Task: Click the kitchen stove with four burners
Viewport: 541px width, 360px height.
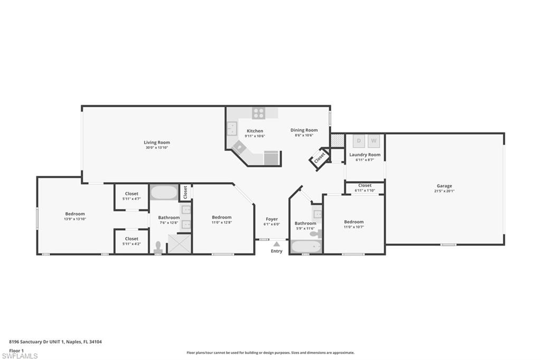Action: point(258,112)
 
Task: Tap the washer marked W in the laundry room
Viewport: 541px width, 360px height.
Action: point(374,140)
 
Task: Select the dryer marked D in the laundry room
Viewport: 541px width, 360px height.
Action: point(359,140)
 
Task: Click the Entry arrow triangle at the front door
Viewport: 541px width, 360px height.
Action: point(276,244)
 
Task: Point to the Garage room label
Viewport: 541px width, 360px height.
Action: point(444,186)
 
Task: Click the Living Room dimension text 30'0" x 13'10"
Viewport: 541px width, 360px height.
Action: point(157,148)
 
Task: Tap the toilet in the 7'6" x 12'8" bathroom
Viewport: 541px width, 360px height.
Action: point(157,247)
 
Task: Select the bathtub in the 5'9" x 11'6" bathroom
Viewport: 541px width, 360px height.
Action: point(306,247)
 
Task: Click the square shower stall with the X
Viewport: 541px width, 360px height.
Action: point(180,244)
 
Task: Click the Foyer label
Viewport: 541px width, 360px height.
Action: point(272,219)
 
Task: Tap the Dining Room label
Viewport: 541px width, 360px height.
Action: point(304,130)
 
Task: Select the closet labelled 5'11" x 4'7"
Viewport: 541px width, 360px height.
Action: point(132,196)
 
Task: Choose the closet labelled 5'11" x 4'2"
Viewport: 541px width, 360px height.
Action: point(132,241)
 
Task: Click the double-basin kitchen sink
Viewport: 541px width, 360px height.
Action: point(231,129)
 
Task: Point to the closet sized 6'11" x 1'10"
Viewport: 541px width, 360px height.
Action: point(365,187)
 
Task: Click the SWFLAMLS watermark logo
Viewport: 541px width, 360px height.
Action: point(19,356)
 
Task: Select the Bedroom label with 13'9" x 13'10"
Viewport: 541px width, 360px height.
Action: point(74,214)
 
